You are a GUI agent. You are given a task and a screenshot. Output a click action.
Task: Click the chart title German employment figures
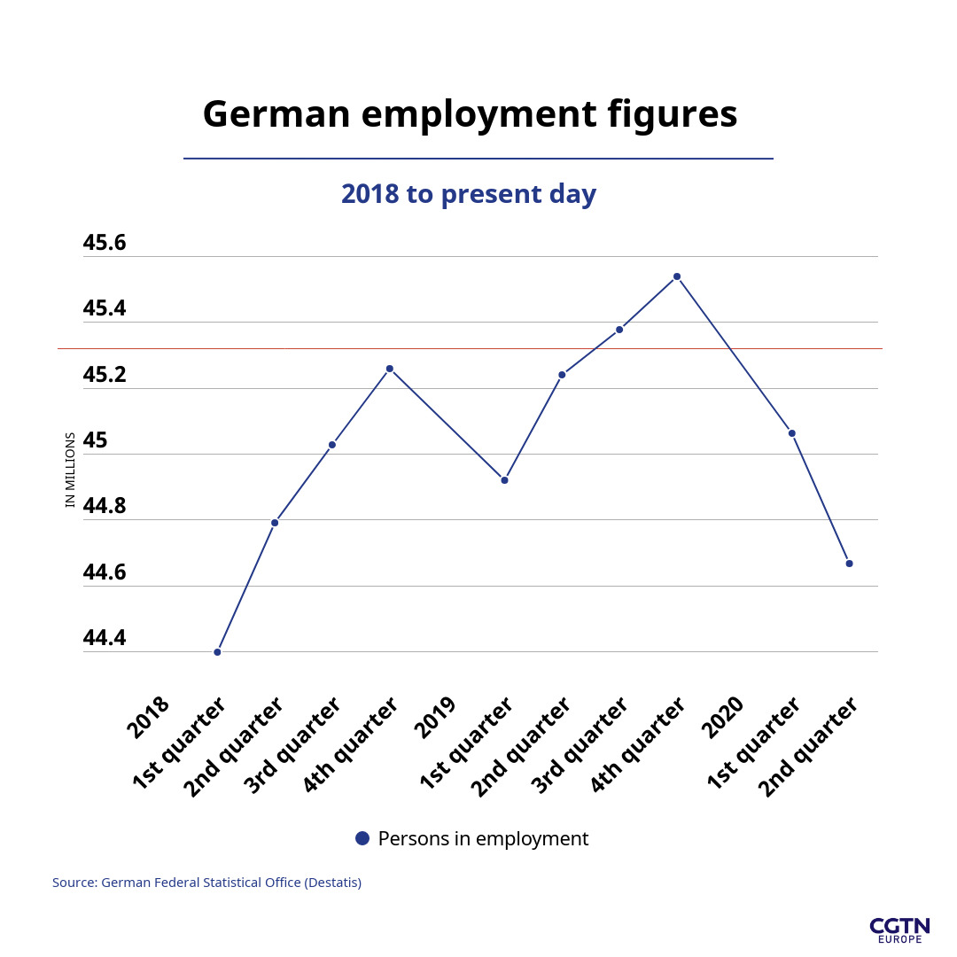pyautogui.click(x=470, y=115)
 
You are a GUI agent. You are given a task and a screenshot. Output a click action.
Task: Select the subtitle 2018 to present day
pyautogui.click(x=469, y=194)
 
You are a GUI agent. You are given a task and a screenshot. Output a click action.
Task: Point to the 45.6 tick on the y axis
pyautogui.click(x=105, y=243)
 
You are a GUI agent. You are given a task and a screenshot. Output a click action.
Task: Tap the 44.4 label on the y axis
pyautogui.click(x=105, y=638)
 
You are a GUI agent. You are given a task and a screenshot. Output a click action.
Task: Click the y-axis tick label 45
pyautogui.click(x=95, y=440)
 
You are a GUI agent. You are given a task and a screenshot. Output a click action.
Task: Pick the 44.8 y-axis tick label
pyautogui.click(x=105, y=506)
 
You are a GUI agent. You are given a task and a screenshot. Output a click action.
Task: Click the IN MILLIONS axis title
pyautogui.click(x=71, y=470)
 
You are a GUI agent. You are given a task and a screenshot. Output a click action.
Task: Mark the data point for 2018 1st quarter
pyautogui.click(x=217, y=652)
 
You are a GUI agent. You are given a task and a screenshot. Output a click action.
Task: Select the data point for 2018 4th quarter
pyautogui.click(x=389, y=369)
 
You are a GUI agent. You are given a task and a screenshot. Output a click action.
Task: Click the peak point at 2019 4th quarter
pyautogui.click(x=677, y=276)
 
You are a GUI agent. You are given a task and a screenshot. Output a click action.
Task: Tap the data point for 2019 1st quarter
pyautogui.click(x=504, y=480)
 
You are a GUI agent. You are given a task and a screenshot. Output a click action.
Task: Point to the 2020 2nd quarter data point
pyautogui.click(x=849, y=564)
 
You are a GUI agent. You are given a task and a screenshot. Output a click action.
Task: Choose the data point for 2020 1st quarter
pyautogui.click(x=791, y=433)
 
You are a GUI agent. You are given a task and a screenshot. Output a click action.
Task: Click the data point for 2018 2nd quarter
pyautogui.click(x=275, y=523)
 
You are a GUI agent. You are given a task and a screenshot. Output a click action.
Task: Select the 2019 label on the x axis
pyautogui.click(x=436, y=717)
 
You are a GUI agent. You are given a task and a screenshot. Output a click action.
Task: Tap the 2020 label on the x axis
pyautogui.click(x=723, y=717)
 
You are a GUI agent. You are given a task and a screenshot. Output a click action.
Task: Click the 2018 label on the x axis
pyautogui.click(x=148, y=717)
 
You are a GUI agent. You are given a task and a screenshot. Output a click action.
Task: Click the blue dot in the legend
pyautogui.click(x=362, y=838)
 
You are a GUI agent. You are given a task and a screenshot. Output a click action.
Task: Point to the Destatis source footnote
pyautogui.click(x=206, y=883)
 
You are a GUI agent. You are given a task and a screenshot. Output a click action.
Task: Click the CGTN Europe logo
pyautogui.click(x=899, y=930)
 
